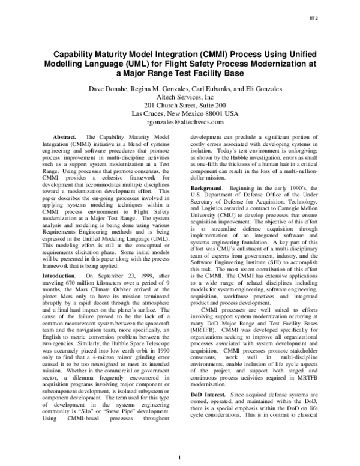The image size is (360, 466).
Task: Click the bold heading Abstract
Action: click(x=66, y=138)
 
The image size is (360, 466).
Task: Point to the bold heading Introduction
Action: click(x=58, y=275)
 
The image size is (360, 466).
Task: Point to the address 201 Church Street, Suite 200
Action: click(x=180, y=105)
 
